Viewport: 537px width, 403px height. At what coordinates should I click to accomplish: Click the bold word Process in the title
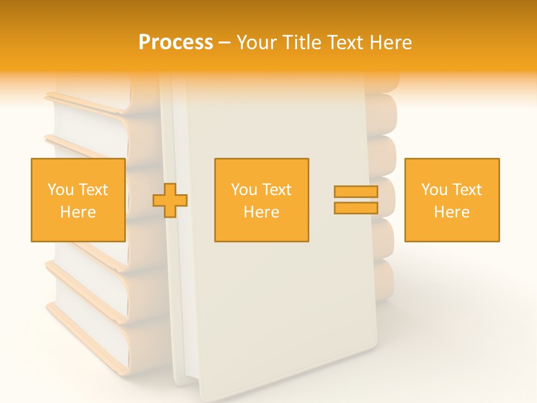176,42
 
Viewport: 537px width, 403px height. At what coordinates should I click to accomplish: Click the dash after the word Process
225,43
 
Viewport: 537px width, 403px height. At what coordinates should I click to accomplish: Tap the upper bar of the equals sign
356,192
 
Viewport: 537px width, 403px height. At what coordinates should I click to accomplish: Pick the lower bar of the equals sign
356,208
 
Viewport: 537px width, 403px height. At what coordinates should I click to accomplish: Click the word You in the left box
60,190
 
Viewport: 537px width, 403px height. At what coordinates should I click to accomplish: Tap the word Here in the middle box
261,212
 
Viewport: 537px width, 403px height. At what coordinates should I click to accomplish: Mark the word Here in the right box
451,212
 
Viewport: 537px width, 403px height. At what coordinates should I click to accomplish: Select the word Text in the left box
93,190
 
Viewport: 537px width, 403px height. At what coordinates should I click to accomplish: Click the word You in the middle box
244,190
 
